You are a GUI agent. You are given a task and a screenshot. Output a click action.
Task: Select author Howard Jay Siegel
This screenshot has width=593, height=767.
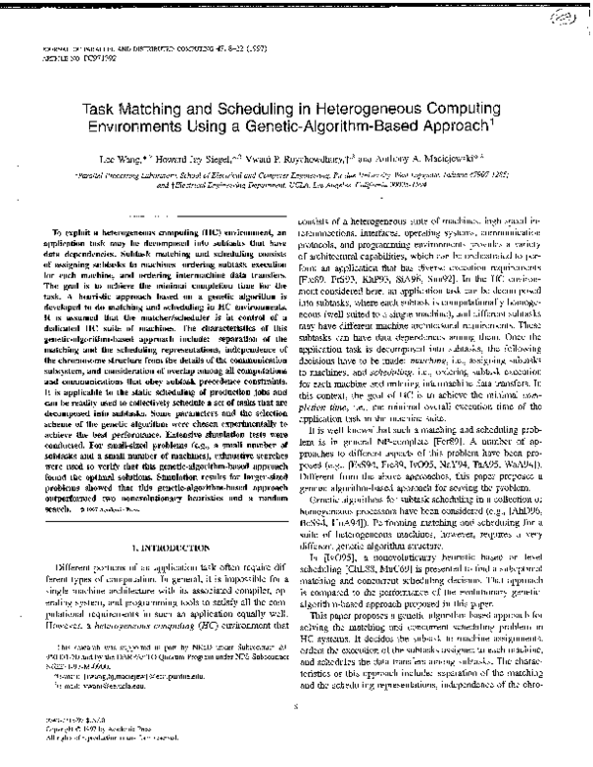[x=198, y=155]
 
